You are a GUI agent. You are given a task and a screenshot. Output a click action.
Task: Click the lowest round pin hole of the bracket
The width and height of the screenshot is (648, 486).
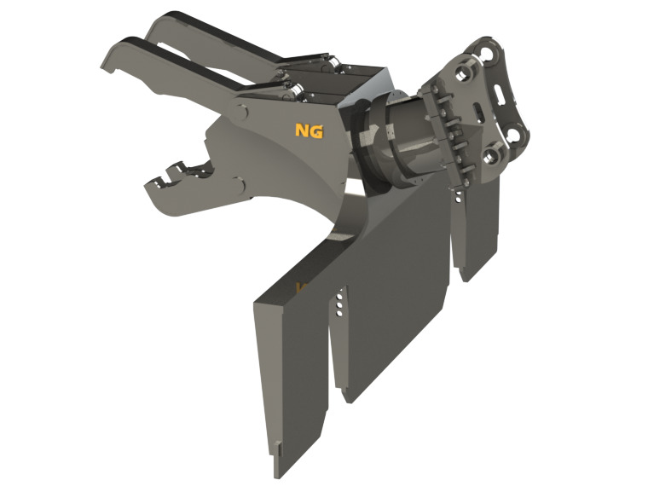tap(495, 157)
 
